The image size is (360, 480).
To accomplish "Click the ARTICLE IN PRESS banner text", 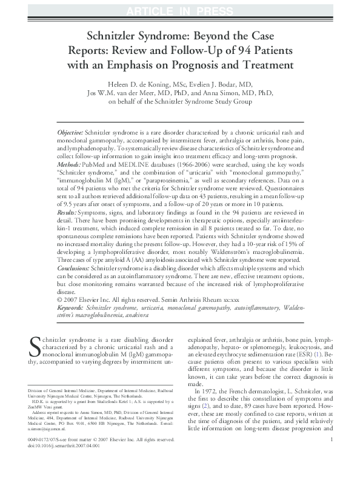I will (179, 8).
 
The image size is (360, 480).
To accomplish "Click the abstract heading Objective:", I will (70, 132).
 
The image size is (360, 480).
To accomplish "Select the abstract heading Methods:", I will (68, 164).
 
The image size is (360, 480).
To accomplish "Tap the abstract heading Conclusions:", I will (73, 267).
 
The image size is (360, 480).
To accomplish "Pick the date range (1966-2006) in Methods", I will (184, 164).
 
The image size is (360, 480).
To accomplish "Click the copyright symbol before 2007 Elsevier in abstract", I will (59, 298).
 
